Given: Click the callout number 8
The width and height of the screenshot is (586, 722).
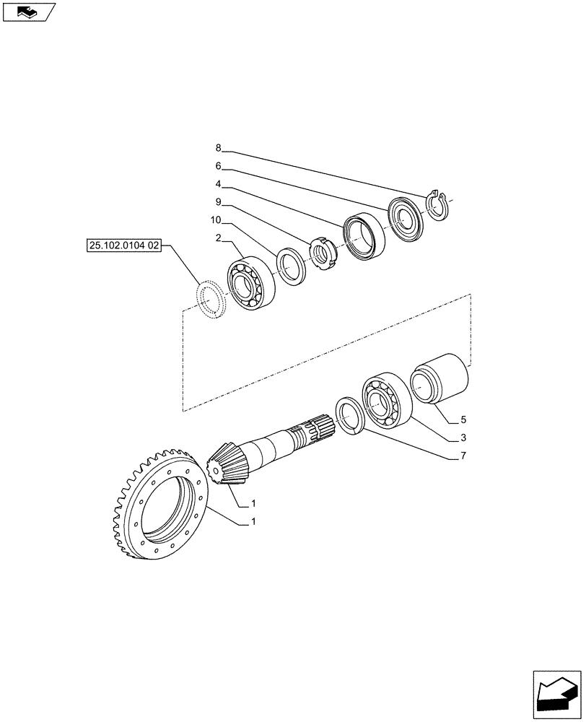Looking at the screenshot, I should (x=219, y=148).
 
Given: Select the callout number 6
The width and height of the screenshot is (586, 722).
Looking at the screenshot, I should (x=219, y=166).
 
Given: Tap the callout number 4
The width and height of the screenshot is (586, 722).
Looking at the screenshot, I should (x=219, y=184).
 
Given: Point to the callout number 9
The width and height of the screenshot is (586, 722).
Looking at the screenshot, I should (x=219, y=202).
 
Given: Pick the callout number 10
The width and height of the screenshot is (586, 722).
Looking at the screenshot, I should (x=217, y=219).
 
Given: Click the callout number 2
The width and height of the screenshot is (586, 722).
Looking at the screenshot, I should (x=219, y=238).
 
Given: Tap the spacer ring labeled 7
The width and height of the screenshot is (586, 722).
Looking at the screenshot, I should (x=351, y=417).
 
